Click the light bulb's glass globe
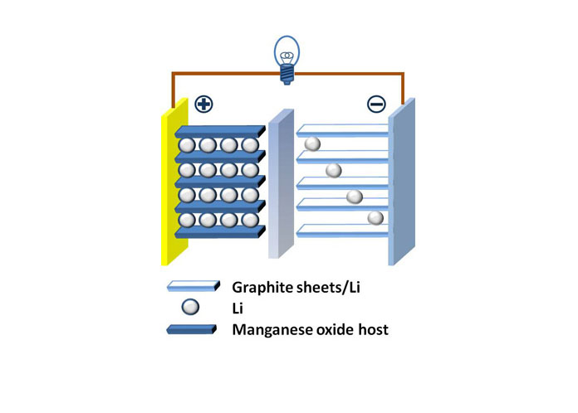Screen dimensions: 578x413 tap(287, 51)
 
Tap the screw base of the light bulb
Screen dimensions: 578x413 tap(287, 75)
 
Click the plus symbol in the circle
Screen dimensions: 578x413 tap(203, 104)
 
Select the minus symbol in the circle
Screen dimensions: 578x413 tap(376, 104)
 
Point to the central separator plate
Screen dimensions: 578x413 tap(281, 184)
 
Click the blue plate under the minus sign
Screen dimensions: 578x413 tap(401, 182)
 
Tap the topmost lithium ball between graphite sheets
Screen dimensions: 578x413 tap(312, 143)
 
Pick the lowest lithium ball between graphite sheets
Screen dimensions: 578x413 tap(375, 218)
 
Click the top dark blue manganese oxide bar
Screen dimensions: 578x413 tap(220, 131)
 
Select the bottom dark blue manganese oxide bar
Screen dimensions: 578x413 tap(220, 232)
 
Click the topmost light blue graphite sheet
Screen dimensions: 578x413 tap(342, 130)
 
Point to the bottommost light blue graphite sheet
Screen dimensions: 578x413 tap(342, 231)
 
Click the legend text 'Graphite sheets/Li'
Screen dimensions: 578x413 tap(296, 288)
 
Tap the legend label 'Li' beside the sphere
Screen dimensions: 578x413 tap(238, 309)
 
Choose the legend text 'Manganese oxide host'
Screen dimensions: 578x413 tap(310, 329)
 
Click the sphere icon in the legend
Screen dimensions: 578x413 tap(190, 307)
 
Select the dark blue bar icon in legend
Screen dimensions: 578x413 tap(192, 329)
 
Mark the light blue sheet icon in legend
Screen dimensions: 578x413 tap(193, 286)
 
